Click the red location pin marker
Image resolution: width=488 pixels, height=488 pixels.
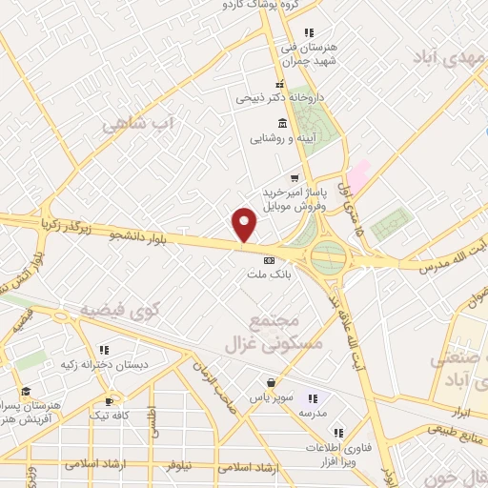[245, 224]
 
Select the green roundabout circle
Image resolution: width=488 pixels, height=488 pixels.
[329, 255]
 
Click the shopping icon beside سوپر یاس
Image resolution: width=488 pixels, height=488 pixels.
[272, 383]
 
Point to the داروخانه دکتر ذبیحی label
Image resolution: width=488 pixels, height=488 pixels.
[278, 97]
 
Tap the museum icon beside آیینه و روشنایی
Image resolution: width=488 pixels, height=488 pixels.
[281, 124]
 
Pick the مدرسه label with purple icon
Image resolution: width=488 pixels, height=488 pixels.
[314, 413]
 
